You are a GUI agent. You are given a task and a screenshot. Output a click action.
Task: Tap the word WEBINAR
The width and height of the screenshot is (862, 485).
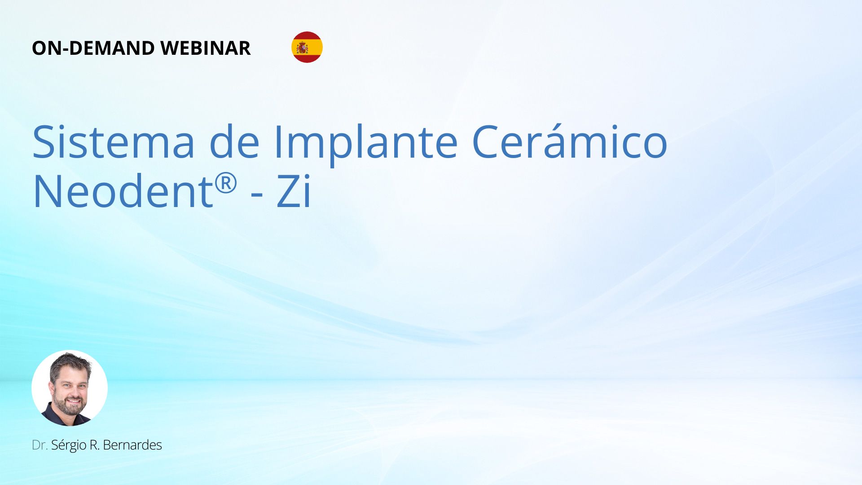point(206,48)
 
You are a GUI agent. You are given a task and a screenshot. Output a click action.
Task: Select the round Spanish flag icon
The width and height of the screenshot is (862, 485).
point(307,47)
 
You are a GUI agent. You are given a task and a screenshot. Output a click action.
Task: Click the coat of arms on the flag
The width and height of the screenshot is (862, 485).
point(302,48)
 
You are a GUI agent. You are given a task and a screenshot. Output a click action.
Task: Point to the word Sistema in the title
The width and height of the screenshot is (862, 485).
point(114,141)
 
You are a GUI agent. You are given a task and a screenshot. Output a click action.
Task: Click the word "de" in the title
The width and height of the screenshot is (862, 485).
point(234,141)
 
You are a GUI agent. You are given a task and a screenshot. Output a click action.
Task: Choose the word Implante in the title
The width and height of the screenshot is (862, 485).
point(366,144)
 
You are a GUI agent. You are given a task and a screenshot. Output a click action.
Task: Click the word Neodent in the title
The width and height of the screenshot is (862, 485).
point(123,191)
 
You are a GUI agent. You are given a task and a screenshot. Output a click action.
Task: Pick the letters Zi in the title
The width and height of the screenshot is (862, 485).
point(294,191)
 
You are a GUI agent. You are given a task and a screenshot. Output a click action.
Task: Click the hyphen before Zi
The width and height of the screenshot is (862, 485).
point(257,196)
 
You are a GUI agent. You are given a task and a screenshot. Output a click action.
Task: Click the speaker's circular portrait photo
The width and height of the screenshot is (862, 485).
point(70,388)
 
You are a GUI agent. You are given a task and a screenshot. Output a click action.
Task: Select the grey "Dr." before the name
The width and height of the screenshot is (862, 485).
point(40,445)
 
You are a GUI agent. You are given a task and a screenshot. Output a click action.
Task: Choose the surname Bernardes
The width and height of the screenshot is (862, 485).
point(132,445)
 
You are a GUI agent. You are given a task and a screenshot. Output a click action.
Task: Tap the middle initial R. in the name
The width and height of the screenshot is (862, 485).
point(95,445)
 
